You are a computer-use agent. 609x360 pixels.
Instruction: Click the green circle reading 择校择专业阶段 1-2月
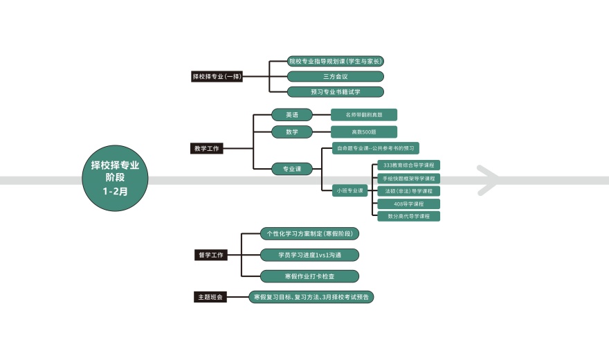click(x=115, y=178)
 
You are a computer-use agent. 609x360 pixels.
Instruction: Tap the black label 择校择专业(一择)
click(x=217, y=77)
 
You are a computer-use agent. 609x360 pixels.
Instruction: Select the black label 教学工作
click(x=207, y=148)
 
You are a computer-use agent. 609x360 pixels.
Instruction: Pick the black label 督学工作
click(x=211, y=255)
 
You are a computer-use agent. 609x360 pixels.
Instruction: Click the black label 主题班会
click(x=210, y=297)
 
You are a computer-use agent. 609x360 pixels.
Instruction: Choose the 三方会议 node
click(x=336, y=77)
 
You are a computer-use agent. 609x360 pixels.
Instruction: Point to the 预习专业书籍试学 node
click(x=336, y=91)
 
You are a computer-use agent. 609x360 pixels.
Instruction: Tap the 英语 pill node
click(x=292, y=115)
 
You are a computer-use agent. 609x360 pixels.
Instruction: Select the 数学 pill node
click(x=292, y=132)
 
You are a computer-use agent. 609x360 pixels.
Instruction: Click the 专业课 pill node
click(x=292, y=169)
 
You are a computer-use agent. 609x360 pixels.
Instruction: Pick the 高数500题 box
click(x=364, y=132)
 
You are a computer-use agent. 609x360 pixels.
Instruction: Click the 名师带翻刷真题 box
click(x=364, y=115)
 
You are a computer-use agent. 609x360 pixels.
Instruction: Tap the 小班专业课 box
click(x=350, y=190)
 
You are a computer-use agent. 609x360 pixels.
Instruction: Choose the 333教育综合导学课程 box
click(x=408, y=165)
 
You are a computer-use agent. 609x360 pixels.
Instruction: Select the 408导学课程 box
click(x=408, y=204)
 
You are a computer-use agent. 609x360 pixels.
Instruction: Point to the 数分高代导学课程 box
click(x=408, y=216)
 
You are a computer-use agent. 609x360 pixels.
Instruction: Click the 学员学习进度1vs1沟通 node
click(x=309, y=255)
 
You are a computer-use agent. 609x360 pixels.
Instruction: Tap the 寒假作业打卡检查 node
click(x=309, y=276)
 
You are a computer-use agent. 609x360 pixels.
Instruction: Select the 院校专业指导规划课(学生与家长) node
click(x=336, y=61)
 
